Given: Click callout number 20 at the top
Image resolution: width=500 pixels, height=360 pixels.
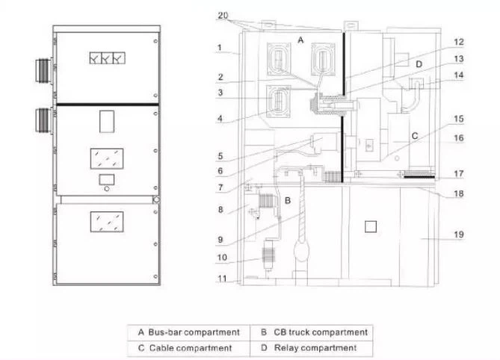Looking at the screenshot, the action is tap(223, 15).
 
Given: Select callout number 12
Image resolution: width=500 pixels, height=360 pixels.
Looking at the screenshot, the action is tap(459, 42).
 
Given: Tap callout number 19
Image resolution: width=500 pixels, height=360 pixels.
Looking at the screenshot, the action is tap(459, 235).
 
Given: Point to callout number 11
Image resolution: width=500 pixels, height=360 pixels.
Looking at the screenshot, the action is tap(222, 279).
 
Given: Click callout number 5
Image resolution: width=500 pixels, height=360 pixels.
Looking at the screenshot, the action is tap(220, 156).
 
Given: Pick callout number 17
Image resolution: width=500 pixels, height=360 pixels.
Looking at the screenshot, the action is tap(459, 173).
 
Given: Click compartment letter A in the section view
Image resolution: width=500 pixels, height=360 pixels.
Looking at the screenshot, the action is tap(300, 40).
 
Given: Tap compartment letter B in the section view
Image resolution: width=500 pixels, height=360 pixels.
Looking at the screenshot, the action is tap(287, 201).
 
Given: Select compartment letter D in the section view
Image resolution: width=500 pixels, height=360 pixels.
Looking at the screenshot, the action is tap(419, 64).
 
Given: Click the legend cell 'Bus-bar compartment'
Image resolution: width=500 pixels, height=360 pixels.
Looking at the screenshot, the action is tap(189, 332).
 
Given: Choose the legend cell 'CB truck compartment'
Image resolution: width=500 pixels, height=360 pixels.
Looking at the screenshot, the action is tap(312, 332).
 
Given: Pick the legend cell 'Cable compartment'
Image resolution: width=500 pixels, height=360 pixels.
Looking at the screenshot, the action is tap(189, 348).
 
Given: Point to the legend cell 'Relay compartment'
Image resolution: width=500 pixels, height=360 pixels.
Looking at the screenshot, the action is tap(312, 348).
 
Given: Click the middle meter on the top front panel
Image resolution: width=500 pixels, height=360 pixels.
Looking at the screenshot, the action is tap(107, 58).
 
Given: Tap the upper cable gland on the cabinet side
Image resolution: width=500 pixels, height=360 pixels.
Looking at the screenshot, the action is tap(43, 70).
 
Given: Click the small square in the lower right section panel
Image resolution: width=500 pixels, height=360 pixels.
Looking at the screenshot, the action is tap(371, 226).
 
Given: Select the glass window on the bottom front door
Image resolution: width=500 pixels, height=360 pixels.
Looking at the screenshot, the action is tap(107, 222).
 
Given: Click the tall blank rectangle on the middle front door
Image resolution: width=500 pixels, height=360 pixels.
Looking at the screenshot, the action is tap(107, 122).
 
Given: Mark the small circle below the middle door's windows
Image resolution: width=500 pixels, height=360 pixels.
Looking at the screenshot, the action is tap(107, 189).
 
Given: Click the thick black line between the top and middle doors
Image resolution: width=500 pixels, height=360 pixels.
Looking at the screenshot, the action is tap(108, 104).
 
